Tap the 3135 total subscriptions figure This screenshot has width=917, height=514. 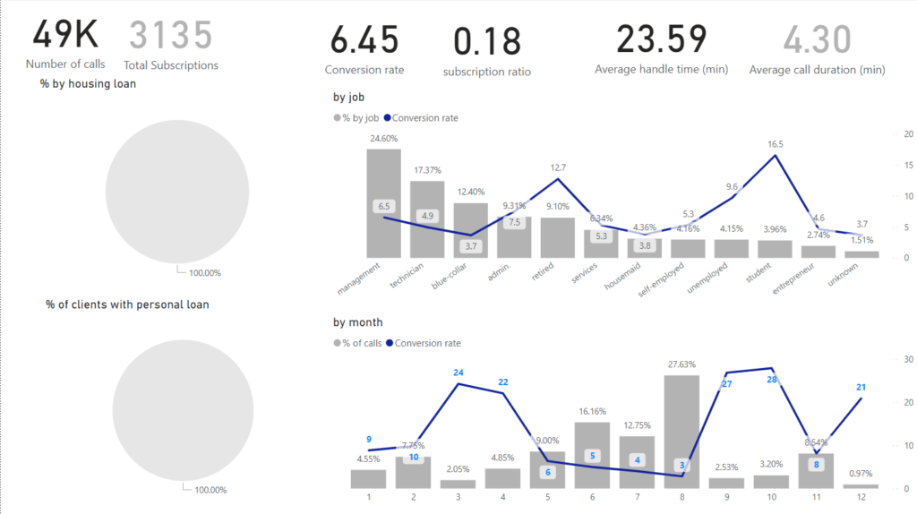171,35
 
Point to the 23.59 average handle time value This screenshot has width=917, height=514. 661,39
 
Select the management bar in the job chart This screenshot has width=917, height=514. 384,203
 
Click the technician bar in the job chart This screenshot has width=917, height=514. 427,219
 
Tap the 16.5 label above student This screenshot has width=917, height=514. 776,144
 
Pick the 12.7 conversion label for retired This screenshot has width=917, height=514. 558,167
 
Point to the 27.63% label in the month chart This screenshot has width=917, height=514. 681,365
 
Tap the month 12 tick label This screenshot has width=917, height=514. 861,496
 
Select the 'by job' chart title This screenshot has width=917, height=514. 348,98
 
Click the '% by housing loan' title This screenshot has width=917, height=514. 88,84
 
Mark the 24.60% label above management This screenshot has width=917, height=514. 383,139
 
